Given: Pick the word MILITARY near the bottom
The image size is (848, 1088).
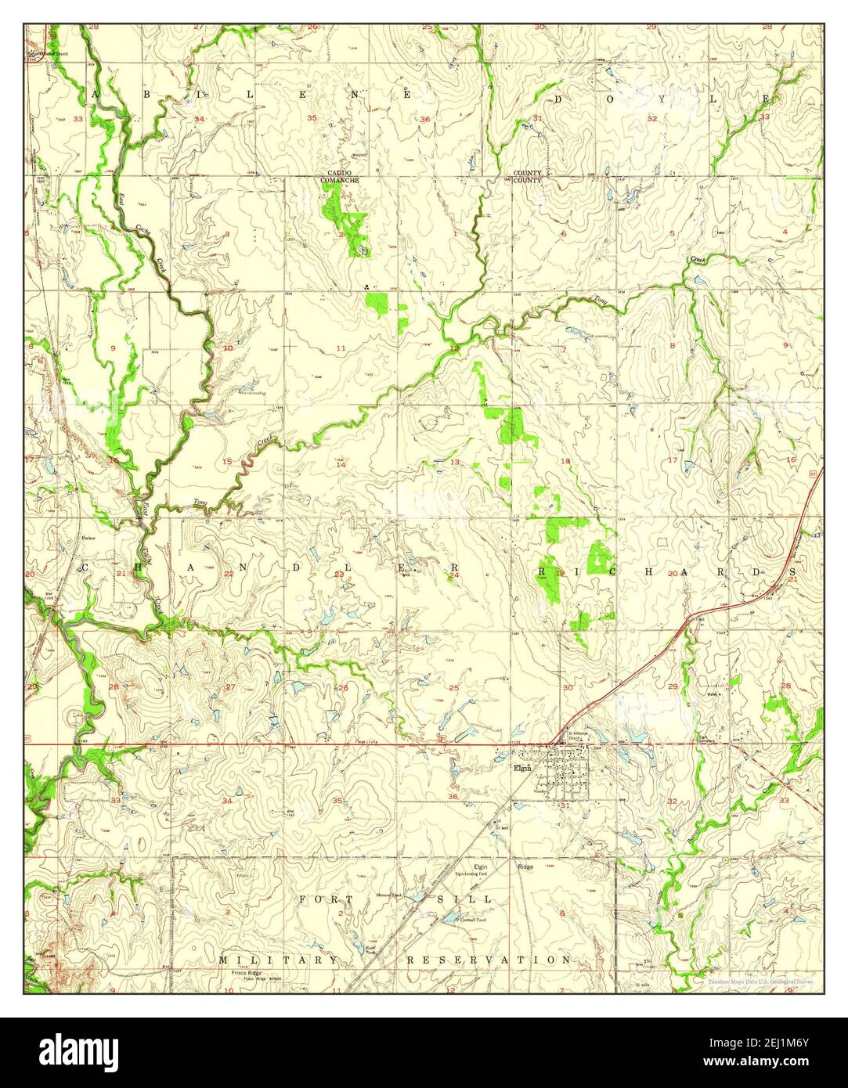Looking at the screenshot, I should pyautogui.click(x=279, y=959).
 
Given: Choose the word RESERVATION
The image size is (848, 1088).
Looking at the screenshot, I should pyautogui.click(x=489, y=959).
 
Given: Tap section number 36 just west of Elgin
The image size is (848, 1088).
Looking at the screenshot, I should pyautogui.click(x=453, y=796).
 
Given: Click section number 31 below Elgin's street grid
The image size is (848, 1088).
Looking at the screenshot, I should pyautogui.click(x=565, y=805).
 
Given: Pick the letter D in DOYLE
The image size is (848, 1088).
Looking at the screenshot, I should pyautogui.click(x=560, y=99).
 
